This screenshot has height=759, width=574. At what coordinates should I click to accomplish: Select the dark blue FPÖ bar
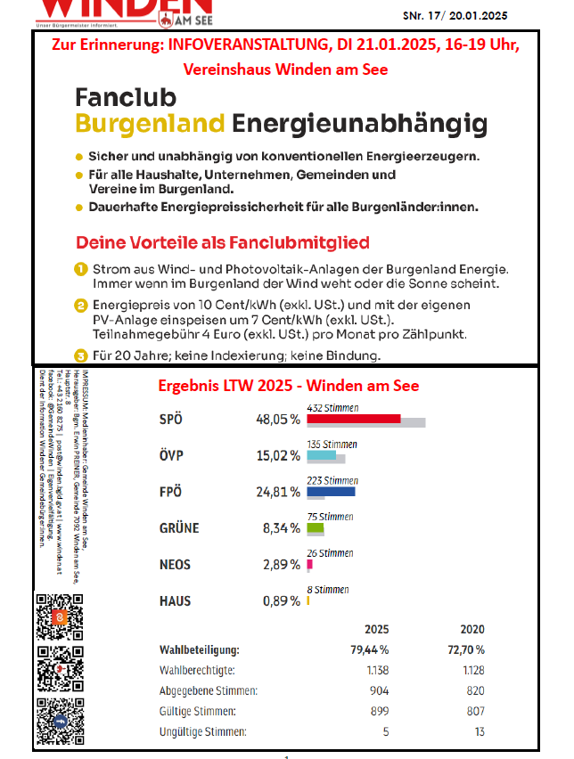coord(331,491)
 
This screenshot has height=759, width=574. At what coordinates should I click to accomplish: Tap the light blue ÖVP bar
coord(321,455)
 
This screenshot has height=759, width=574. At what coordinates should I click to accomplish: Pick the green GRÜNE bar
coord(315,527)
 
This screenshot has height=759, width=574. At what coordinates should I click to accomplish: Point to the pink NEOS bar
coord(309,564)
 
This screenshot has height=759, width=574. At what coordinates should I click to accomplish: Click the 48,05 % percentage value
coord(277,420)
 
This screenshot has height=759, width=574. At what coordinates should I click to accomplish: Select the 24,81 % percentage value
coord(277,492)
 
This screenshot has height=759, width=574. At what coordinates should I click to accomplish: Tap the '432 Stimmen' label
coord(332,407)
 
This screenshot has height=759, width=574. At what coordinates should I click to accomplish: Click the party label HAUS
coord(175,601)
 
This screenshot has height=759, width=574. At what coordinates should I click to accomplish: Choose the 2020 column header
coord(471,629)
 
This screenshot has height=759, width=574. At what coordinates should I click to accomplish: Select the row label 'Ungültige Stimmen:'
coord(202,732)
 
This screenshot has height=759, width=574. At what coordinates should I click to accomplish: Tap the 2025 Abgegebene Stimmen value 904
coord(379,690)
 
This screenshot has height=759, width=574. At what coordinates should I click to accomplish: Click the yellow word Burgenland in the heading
coord(149,122)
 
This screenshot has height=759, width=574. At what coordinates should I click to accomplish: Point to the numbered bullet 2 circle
coord(80,305)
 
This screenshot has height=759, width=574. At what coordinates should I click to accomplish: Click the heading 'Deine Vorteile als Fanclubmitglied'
coord(222,242)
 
